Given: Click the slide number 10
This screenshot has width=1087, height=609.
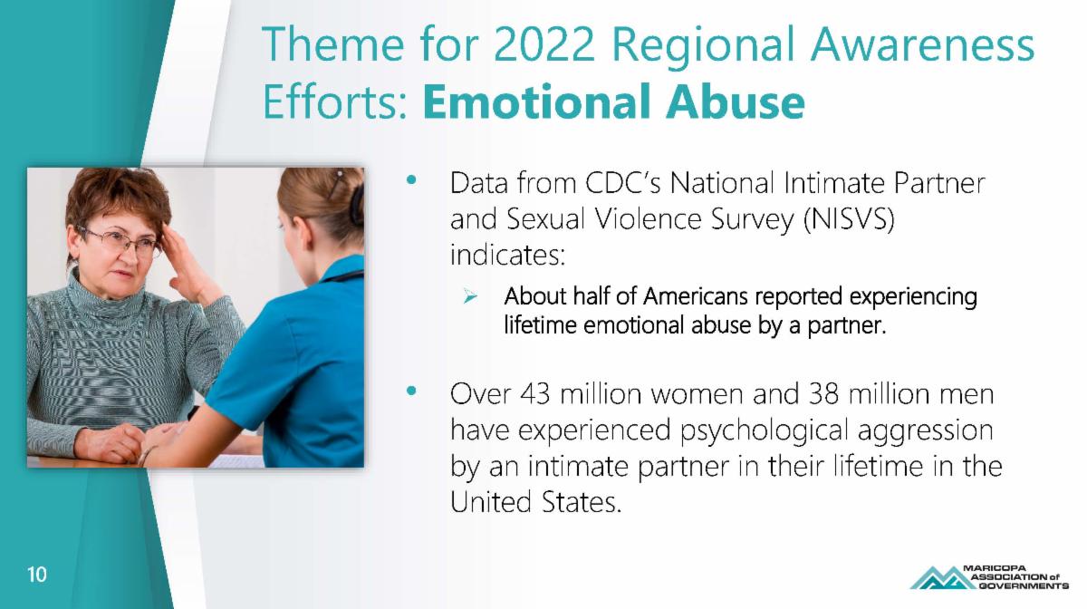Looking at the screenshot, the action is (37, 575).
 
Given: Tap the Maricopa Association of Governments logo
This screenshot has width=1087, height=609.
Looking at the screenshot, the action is (989, 577).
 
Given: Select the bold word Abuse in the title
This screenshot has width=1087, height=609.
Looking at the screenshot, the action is (736, 101).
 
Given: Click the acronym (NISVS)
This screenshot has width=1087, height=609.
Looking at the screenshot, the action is (849, 219).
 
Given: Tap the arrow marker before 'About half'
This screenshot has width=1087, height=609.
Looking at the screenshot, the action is (470, 295).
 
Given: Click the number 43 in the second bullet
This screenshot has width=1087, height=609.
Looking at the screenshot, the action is (535, 394).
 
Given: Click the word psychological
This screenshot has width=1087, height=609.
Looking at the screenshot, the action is (765, 431).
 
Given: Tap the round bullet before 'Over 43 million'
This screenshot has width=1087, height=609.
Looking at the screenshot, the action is (411, 391).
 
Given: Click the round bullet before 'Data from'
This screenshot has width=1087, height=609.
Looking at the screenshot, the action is (411, 179).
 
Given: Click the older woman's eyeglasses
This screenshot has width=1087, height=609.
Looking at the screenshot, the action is (121, 241).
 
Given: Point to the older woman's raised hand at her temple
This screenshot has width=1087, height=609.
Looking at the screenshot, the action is (189, 265).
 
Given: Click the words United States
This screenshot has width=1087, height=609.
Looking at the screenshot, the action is (535, 502).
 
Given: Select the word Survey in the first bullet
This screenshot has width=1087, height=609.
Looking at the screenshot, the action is (752, 220).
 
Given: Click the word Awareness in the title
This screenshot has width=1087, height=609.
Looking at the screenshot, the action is (923, 44).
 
